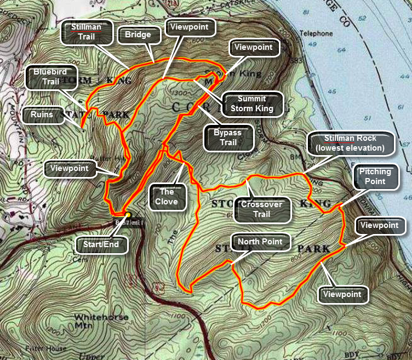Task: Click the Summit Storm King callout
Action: click(252, 104)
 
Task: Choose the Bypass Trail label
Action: click(230, 138)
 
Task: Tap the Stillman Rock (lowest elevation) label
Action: click(351, 143)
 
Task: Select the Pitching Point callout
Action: click(375, 177)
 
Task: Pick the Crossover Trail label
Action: click(261, 210)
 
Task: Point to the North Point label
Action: click(260, 242)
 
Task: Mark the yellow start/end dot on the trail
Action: click(127, 215)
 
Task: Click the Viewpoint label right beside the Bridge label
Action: click(189, 26)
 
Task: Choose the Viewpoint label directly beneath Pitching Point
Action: click(380, 225)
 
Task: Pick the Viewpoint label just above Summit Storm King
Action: click(253, 47)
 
